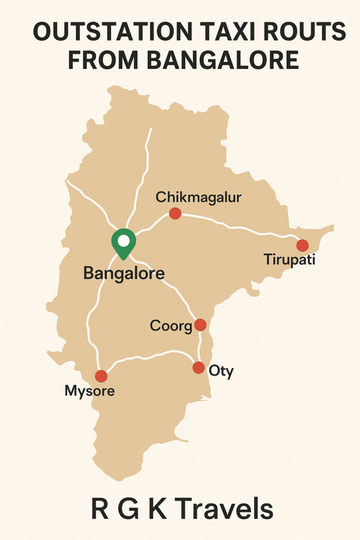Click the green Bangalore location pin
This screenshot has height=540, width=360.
point(123,244)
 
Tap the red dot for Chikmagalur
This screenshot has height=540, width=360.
point(175,214)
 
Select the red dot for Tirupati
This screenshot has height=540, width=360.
point(302,245)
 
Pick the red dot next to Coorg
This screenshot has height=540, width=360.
point(200,325)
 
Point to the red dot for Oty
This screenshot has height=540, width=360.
point(199,368)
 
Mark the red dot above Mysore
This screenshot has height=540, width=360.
point(101,376)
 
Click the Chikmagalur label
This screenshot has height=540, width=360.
point(198,198)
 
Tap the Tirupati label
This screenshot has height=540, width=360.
point(289,259)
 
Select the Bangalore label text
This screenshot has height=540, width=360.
point(124,274)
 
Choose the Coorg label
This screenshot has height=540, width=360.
point(171,326)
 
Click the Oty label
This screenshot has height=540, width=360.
point(221,371)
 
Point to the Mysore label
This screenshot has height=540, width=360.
point(89,391)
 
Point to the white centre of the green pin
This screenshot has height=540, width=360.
point(123,241)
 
